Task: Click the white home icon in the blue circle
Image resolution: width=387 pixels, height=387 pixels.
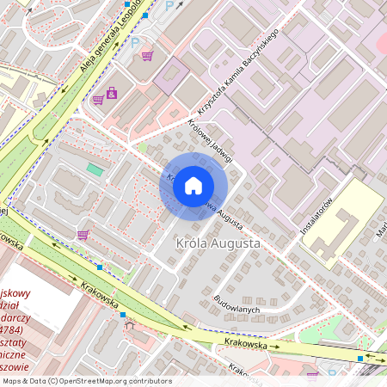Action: pos(193,186)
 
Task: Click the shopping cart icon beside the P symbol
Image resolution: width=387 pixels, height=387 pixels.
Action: pos(148,56)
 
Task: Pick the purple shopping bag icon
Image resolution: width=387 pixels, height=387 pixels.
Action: pos(112,93)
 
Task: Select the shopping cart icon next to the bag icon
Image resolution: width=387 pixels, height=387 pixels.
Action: pos(98,99)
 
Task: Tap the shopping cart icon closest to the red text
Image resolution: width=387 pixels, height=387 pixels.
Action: pos(83,234)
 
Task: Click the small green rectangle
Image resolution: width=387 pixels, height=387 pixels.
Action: pos(94,169)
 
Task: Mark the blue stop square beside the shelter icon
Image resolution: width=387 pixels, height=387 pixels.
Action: pos(122,315)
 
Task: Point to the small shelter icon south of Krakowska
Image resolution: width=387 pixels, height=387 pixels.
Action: pos(130,325)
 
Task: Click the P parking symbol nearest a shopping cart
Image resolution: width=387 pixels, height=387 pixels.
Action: pos(136,42)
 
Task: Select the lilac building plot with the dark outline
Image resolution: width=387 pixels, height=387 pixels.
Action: pos(172,75)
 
